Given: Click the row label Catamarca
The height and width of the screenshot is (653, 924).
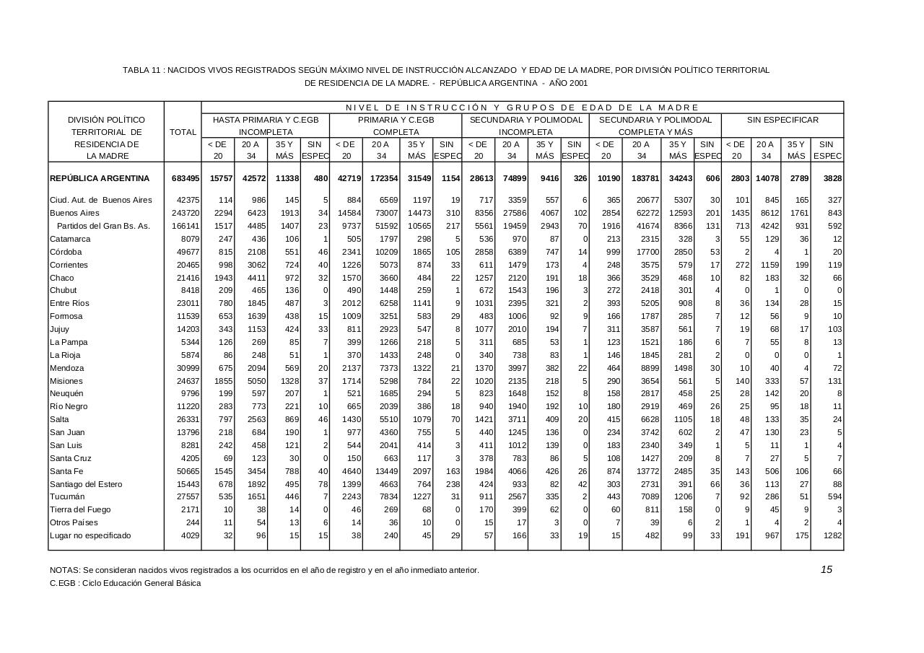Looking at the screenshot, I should pos(70,239).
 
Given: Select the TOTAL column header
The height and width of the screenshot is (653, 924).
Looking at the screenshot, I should pos(183,132).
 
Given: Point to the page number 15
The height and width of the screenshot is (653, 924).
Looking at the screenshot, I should pos(827,569).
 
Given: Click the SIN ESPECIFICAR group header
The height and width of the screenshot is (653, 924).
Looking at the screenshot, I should pos(783,120).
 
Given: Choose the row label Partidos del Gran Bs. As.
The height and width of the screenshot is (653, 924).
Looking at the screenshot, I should pos(103,226).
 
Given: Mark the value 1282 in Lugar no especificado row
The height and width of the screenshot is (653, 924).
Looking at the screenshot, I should pos(832,535).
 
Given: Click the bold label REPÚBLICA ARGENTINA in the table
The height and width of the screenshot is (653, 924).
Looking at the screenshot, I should pos(100,178).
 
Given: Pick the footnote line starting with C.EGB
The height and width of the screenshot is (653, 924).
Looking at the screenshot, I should pos(125,583).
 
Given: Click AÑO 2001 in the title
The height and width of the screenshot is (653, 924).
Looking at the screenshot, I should pos(567,83).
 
